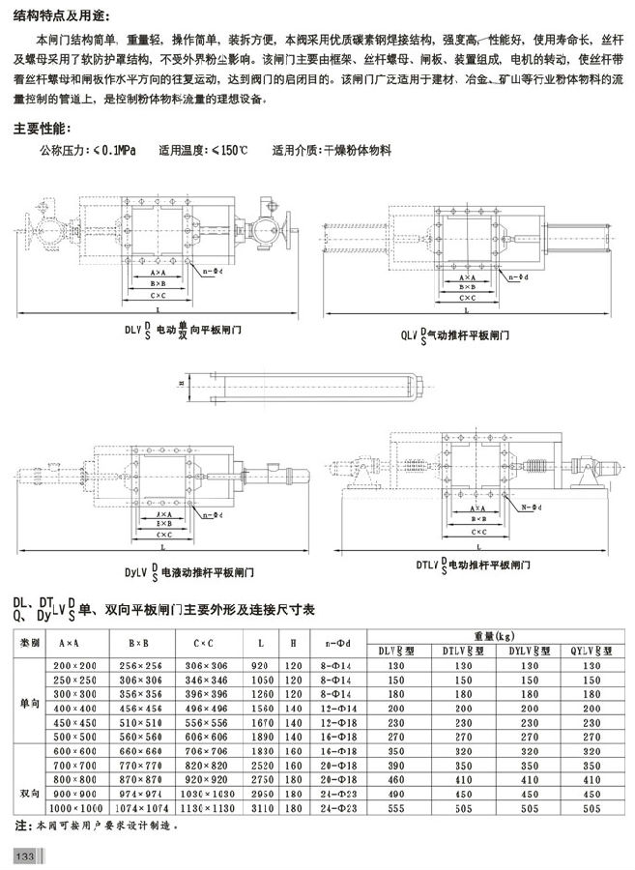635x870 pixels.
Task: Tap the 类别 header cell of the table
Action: click(x=30, y=643)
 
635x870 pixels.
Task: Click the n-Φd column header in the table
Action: click(x=339, y=643)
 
